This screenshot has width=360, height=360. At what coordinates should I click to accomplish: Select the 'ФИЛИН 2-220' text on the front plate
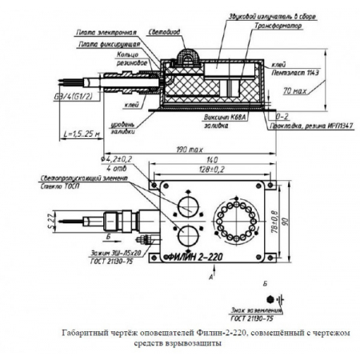point(195,258)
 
